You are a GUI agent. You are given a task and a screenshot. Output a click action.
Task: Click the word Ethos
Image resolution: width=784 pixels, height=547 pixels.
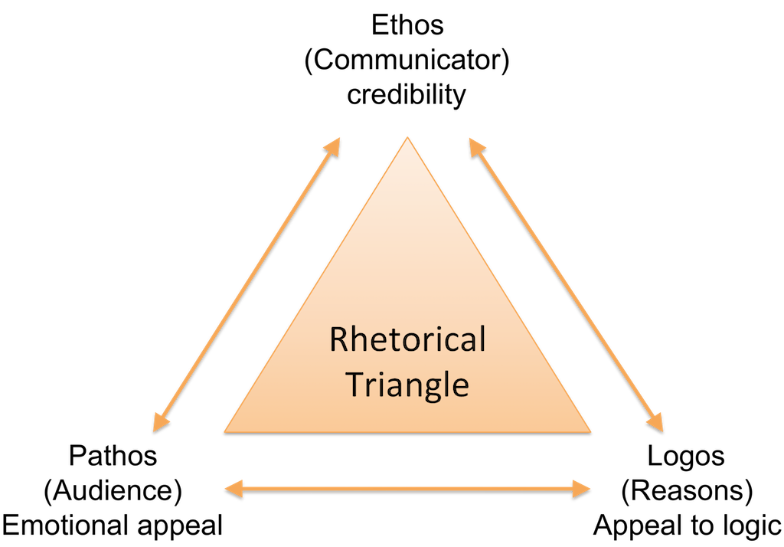[407, 25]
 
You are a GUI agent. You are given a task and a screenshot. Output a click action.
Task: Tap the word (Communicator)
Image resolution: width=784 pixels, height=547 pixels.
[407, 61]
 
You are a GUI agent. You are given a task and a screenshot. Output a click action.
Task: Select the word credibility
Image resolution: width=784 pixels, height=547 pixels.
[407, 96]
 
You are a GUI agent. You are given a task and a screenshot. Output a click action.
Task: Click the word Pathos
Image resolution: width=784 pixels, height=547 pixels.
[113, 456]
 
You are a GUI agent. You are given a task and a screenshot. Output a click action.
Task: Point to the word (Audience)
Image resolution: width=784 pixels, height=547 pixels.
[113, 491]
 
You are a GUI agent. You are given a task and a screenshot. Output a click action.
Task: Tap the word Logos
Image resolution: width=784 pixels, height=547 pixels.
[686, 456]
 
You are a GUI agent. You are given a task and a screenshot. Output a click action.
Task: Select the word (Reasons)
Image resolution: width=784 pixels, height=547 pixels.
[686, 491]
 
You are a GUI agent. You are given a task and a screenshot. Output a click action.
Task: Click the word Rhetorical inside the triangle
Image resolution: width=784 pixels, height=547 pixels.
[407, 339]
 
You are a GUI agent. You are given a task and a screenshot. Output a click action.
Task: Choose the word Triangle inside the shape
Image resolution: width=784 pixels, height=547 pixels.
[407, 385]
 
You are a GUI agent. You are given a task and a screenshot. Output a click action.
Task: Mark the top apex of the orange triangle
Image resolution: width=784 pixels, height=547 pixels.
[407, 138]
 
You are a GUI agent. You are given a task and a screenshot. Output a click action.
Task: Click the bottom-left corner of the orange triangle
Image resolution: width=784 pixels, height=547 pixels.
[224, 431]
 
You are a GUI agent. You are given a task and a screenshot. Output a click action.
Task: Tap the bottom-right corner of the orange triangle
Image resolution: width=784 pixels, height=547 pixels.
[592, 431]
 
